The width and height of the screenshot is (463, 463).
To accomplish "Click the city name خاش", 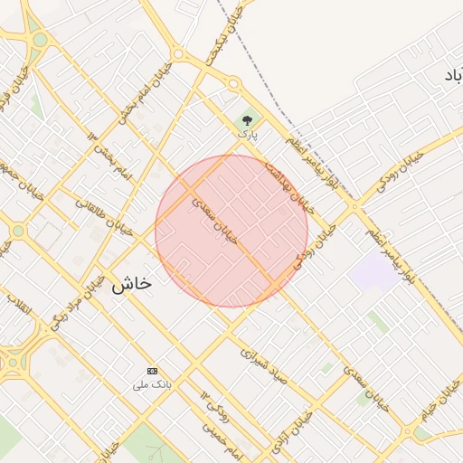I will (x=131, y=284).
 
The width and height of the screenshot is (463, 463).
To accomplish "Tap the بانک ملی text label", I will (x=152, y=386).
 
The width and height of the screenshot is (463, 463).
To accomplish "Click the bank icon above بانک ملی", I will (x=152, y=371).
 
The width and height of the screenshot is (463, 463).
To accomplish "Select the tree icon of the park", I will (x=248, y=120).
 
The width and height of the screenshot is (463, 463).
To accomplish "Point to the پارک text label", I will (x=248, y=134).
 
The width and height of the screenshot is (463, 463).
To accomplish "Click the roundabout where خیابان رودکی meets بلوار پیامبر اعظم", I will (x=354, y=207).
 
